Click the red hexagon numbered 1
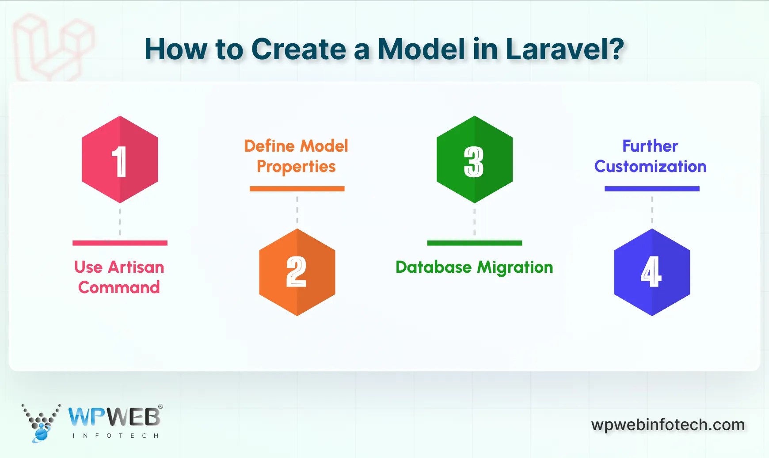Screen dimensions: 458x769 click(x=120, y=160)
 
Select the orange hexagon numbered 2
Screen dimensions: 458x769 click(x=297, y=272)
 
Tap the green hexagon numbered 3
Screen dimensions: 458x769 click(x=474, y=160)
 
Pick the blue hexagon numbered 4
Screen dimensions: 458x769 click(x=652, y=272)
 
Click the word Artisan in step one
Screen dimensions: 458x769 click(x=136, y=267)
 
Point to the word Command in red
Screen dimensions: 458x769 click(x=119, y=288)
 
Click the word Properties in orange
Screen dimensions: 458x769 click(x=296, y=167)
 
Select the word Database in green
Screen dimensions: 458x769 click(x=434, y=267)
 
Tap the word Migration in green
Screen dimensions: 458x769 click(x=515, y=268)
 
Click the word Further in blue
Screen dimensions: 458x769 click(x=650, y=146)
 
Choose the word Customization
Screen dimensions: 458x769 click(x=650, y=167)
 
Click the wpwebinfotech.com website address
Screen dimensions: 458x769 click(x=668, y=425)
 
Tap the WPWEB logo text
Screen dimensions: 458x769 click(x=114, y=417)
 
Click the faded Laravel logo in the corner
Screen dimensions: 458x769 click(x=53, y=46)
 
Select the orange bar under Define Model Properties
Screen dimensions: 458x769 click(x=297, y=189)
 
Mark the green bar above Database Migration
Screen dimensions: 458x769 click(x=474, y=243)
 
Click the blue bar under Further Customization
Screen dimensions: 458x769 click(x=652, y=189)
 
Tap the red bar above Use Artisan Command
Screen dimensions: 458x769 click(x=120, y=243)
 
